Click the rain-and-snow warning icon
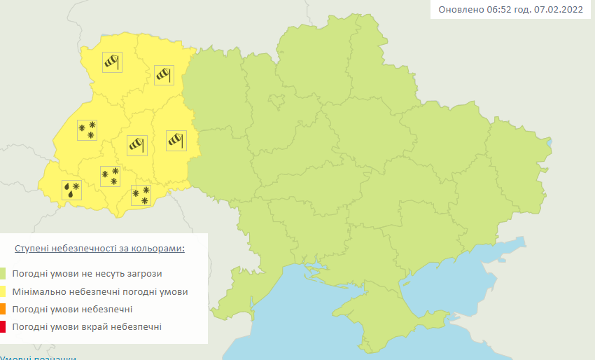click(x=71, y=189)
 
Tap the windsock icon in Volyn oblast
click(x=112, y=62)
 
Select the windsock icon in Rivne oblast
click(x=164, y=74)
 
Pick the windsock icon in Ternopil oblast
click(x=136, y=145)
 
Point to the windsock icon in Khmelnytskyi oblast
click(x=176, y=140)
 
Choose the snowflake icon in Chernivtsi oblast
click(x=141, y=195)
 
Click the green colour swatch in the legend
click(x=3, y=273)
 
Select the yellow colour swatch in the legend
click(x=3, y=291)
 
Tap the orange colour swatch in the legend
click(x=3, y=309)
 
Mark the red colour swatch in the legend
click(x=3, y=326)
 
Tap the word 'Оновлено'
click(x=459, y=10)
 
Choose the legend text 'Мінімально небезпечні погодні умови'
click(x=100, y=291)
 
